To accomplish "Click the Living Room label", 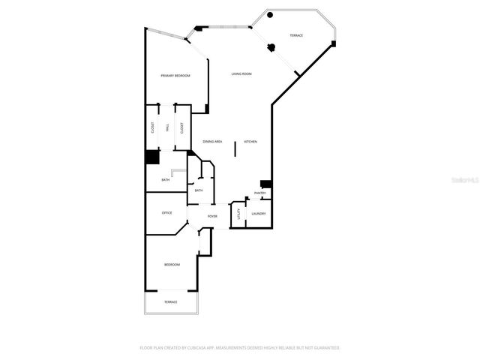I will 241,73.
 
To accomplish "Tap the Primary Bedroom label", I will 175,76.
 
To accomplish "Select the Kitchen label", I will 250,142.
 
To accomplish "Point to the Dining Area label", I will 212,142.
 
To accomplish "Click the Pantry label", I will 260,193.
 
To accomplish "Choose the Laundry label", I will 258,214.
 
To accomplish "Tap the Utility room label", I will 238,214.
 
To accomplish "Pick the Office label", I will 167,213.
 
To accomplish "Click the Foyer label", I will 212,217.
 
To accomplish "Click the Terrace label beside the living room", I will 297,35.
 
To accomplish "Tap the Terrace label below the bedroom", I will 171,301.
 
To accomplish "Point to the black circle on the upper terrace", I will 271,15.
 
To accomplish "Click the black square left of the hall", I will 152,157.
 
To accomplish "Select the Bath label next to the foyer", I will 199,190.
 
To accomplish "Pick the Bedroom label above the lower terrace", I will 172,265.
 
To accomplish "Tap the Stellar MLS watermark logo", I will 463,181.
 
